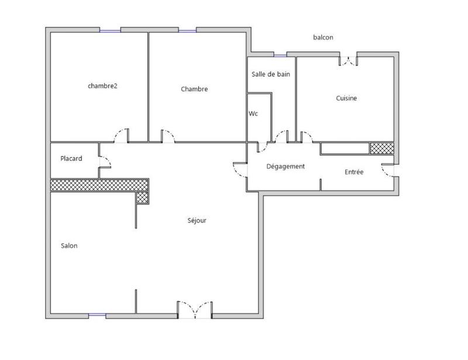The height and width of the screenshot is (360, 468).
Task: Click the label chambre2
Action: click(103, 86)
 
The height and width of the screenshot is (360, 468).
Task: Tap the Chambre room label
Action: click(194, 89)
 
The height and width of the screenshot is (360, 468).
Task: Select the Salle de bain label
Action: click(270, 74)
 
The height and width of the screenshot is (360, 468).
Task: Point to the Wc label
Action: click(253, 113)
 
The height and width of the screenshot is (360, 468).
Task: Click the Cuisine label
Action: click(346, 98)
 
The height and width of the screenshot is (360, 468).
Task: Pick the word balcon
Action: click(323, 37)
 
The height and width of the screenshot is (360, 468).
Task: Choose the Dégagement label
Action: click(285, 167)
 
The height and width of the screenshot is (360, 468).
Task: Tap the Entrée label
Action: click(354, 172)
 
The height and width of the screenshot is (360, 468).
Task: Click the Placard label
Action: click(71, 158)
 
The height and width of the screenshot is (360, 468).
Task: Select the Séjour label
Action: click(197, 221)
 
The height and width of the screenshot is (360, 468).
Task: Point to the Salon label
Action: click(69, 246)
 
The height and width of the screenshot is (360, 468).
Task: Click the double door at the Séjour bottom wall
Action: click(195, 309)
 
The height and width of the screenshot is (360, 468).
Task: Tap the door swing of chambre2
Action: click(122, 136)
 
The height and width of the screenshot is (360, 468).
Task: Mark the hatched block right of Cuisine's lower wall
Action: click(381, 148)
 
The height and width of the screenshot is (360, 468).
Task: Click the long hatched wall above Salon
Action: click(99, 185)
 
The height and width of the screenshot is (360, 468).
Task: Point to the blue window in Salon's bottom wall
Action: click(97, 316)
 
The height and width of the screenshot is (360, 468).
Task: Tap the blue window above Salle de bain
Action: click(280, 56)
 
